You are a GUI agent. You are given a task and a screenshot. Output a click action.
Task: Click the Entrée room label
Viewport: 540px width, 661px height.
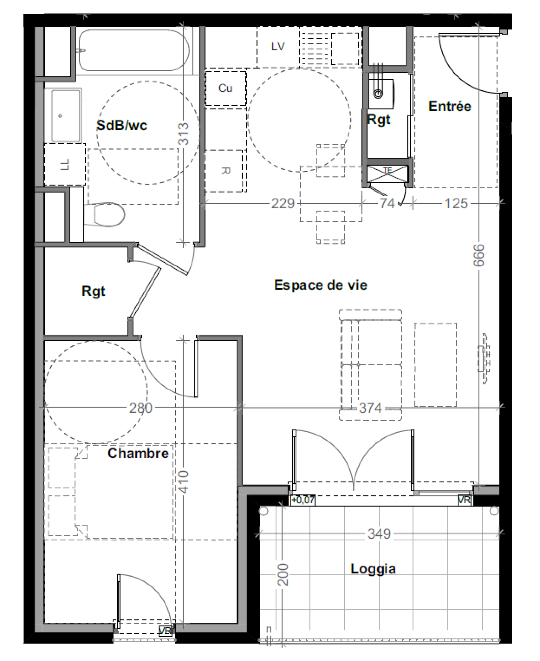[x=450, y=106]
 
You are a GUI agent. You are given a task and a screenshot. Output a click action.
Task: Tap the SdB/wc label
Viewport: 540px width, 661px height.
[x=122, y=125]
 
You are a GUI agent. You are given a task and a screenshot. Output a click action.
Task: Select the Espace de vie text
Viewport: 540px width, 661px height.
[x=320, y=285]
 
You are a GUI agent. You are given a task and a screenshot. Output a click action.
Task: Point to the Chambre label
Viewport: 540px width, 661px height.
[x=138, y=453]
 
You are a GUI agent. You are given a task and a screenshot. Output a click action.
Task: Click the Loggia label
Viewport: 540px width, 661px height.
[x=373, y=569]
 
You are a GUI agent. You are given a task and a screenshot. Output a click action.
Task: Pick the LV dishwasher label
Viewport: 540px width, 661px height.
[x=278, y=46]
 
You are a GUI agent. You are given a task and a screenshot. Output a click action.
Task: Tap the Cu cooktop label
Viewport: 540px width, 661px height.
[x=225, y=88]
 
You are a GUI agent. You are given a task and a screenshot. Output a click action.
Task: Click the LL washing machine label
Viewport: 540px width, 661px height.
[x=64, y=165]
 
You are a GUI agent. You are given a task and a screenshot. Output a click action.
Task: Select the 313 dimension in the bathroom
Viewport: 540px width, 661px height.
[x=183, y=134]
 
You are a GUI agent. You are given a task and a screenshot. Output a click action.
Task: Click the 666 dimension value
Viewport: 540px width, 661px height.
[x=479, y=255]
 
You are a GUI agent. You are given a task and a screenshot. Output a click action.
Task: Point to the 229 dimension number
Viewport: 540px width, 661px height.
[x=283, y=203]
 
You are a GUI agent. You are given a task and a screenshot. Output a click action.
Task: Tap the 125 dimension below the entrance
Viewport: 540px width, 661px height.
[x=456, y=203]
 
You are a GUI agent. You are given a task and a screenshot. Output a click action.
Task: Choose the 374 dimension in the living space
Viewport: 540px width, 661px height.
[x=370, y=408]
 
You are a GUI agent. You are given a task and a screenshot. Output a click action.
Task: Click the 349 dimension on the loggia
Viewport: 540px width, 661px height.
[x=379, y=534]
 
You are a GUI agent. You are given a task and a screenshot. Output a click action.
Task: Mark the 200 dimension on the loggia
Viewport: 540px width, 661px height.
[x=283, y=574]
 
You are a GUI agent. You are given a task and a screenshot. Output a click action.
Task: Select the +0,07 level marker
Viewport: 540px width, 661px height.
[x=303, y=500]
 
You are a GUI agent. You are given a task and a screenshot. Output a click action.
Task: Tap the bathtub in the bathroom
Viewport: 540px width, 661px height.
[x=134, y=50]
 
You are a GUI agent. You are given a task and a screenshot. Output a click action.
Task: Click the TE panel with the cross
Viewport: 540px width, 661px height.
[x=387, y=174]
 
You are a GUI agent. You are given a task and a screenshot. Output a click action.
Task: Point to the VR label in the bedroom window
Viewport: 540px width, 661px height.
[x=165, y=631]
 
